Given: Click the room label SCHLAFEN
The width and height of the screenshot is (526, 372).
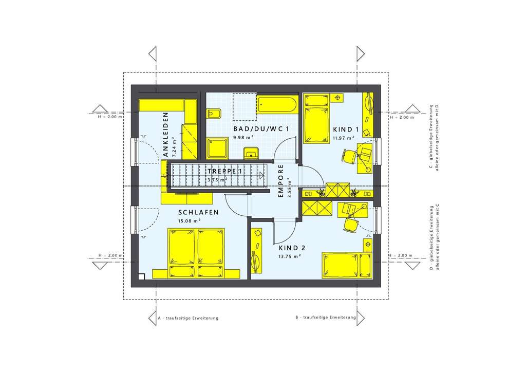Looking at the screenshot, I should pos(199,212).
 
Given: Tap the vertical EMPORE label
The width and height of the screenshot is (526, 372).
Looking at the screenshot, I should pos(281,181).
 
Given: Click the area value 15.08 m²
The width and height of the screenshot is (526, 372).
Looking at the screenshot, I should pos(189,221).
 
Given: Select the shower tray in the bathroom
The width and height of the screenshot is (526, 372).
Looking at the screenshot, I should pos(219,148).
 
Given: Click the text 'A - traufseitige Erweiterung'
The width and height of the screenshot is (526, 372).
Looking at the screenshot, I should pos(187,318).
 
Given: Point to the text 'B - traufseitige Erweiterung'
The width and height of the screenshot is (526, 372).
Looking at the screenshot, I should pos(326,318).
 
